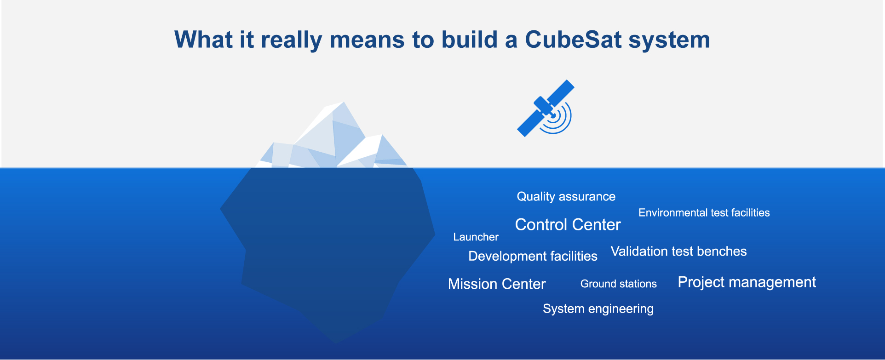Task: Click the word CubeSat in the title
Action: pos(573,40)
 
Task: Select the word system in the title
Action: pos(669,41)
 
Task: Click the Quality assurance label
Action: pos(566,197)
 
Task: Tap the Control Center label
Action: pos(568,225)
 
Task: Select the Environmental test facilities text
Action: pos(704,213)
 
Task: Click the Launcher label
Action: pos(476,237)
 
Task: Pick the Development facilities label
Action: pos(533,257)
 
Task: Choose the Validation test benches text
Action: pos(679,251)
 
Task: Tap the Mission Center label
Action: pos(497,284)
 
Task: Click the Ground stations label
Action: pos(619,284)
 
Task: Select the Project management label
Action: pos(747,282)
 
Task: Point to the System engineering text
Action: pos(598,309)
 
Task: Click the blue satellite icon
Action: pos(545,109)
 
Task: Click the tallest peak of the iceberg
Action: pos(343,103)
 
